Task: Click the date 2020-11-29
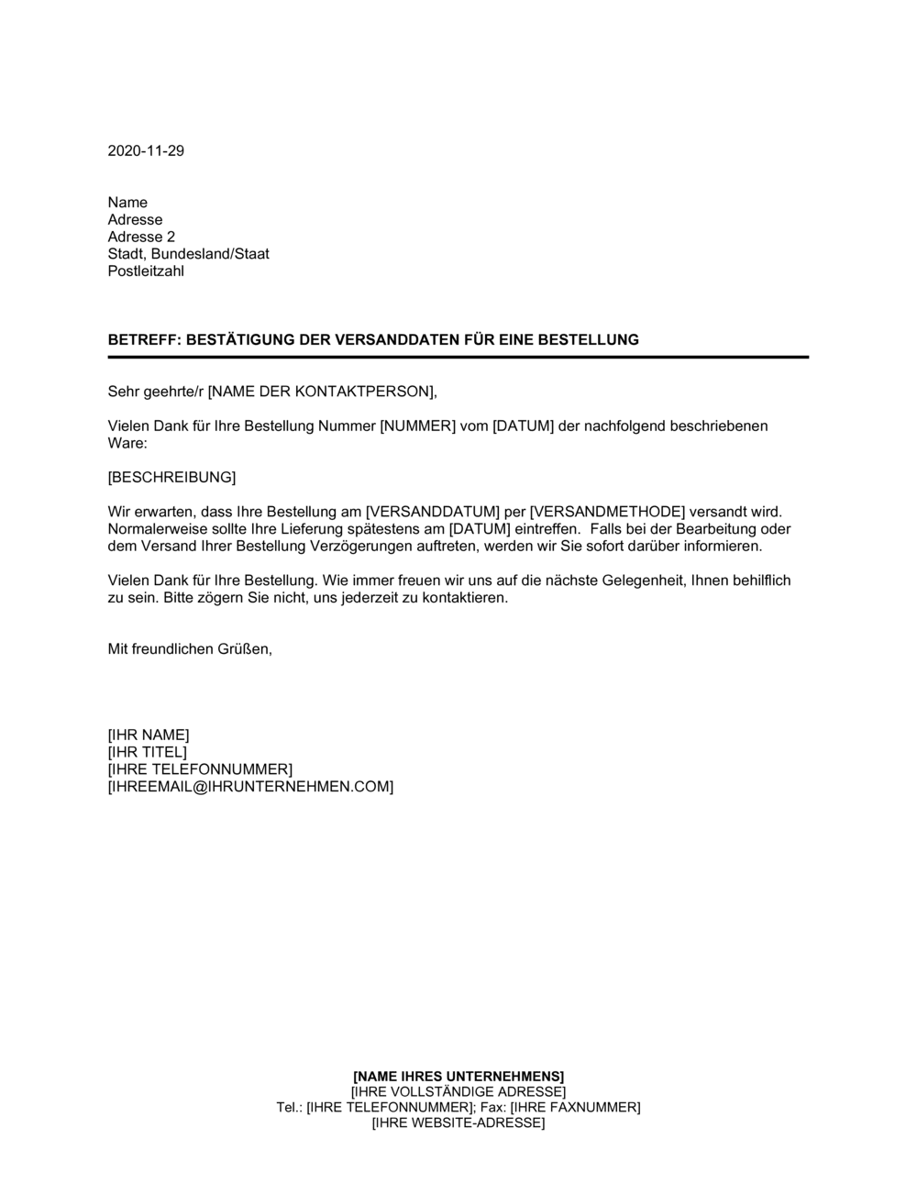click(146, 151)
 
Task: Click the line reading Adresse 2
click(141, 237)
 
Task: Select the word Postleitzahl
click(146, 271)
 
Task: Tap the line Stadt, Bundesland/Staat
click(188, 254)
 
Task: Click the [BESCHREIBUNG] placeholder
click(171, 478)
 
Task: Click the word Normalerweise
click(155, 529)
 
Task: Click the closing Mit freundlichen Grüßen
click(190, 649)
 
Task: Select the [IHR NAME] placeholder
click(149, 735)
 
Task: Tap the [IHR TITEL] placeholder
click(147, 752)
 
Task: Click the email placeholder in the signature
click(250, 787)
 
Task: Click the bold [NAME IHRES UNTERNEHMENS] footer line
click(458, 1076)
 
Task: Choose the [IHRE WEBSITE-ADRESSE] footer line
click(458, 1123)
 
